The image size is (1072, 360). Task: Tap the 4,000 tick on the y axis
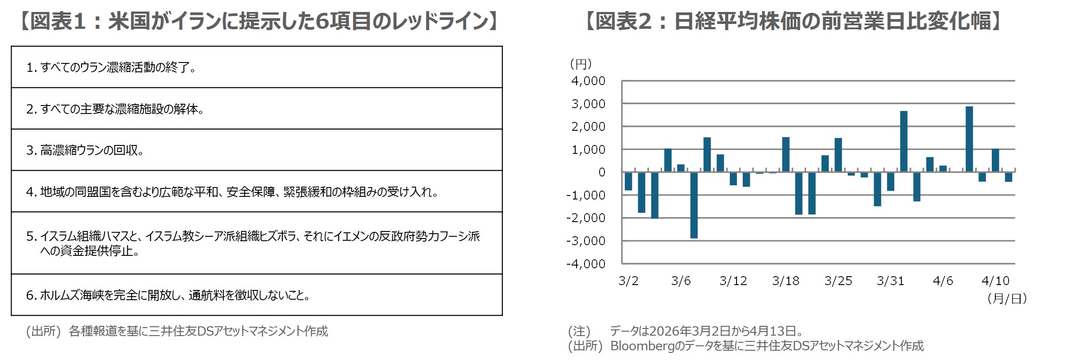pos(588,81)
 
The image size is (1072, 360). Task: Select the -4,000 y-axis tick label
pos(586,264)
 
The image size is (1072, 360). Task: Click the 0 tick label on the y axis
pos(601,172)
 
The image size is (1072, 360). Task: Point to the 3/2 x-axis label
pos(628,281)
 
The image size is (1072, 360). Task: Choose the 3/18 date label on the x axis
pos(786,281)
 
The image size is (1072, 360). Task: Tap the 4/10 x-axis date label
pos(995,281)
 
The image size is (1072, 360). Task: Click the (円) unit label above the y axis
pos(581,64)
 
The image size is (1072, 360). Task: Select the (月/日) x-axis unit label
pos(1007,298)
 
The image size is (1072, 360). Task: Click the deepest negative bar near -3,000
pos(694,205)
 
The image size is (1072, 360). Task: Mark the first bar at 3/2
pos(628,181)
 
